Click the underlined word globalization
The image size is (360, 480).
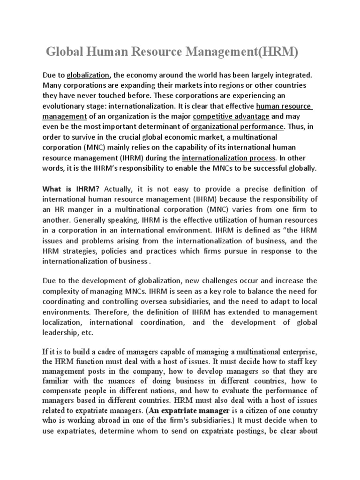88,75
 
